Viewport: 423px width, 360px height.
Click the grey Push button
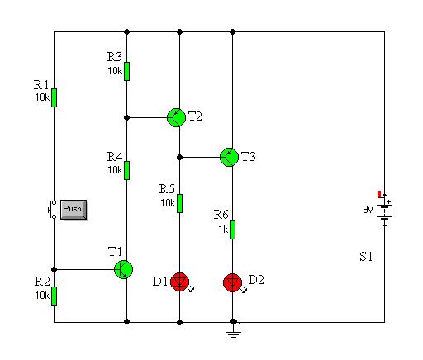(x=74, y=210)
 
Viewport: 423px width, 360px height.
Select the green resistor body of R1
(x=55, y=97)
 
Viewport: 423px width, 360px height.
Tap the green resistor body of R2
(x=55, y=296)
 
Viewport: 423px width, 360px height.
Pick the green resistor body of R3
(x=126, y=71)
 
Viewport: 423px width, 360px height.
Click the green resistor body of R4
(x=126, y=170)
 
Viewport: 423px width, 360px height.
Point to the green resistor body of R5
(x=179, y=203)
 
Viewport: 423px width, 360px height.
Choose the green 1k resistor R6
(x=232, y=230)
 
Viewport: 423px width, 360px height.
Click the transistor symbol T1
(x=124, y=269)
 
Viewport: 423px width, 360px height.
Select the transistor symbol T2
(x=177, y=117)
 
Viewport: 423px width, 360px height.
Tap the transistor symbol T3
(x=229, y=157)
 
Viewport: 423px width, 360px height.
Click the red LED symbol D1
(x=180, y=282)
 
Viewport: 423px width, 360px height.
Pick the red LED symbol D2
(x=233, y=283)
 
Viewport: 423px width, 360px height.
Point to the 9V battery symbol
(x=385, y=211)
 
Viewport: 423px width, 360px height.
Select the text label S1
(x=366, y=257)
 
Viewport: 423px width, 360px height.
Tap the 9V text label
(x=368, y=210)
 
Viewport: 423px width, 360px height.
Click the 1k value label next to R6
(x=223, y=229)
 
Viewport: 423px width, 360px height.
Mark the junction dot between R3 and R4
(x=126, y=118)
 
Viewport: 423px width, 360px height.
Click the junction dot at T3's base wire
(x=179, y=158)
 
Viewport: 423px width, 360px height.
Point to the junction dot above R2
(x=55, y=269)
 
